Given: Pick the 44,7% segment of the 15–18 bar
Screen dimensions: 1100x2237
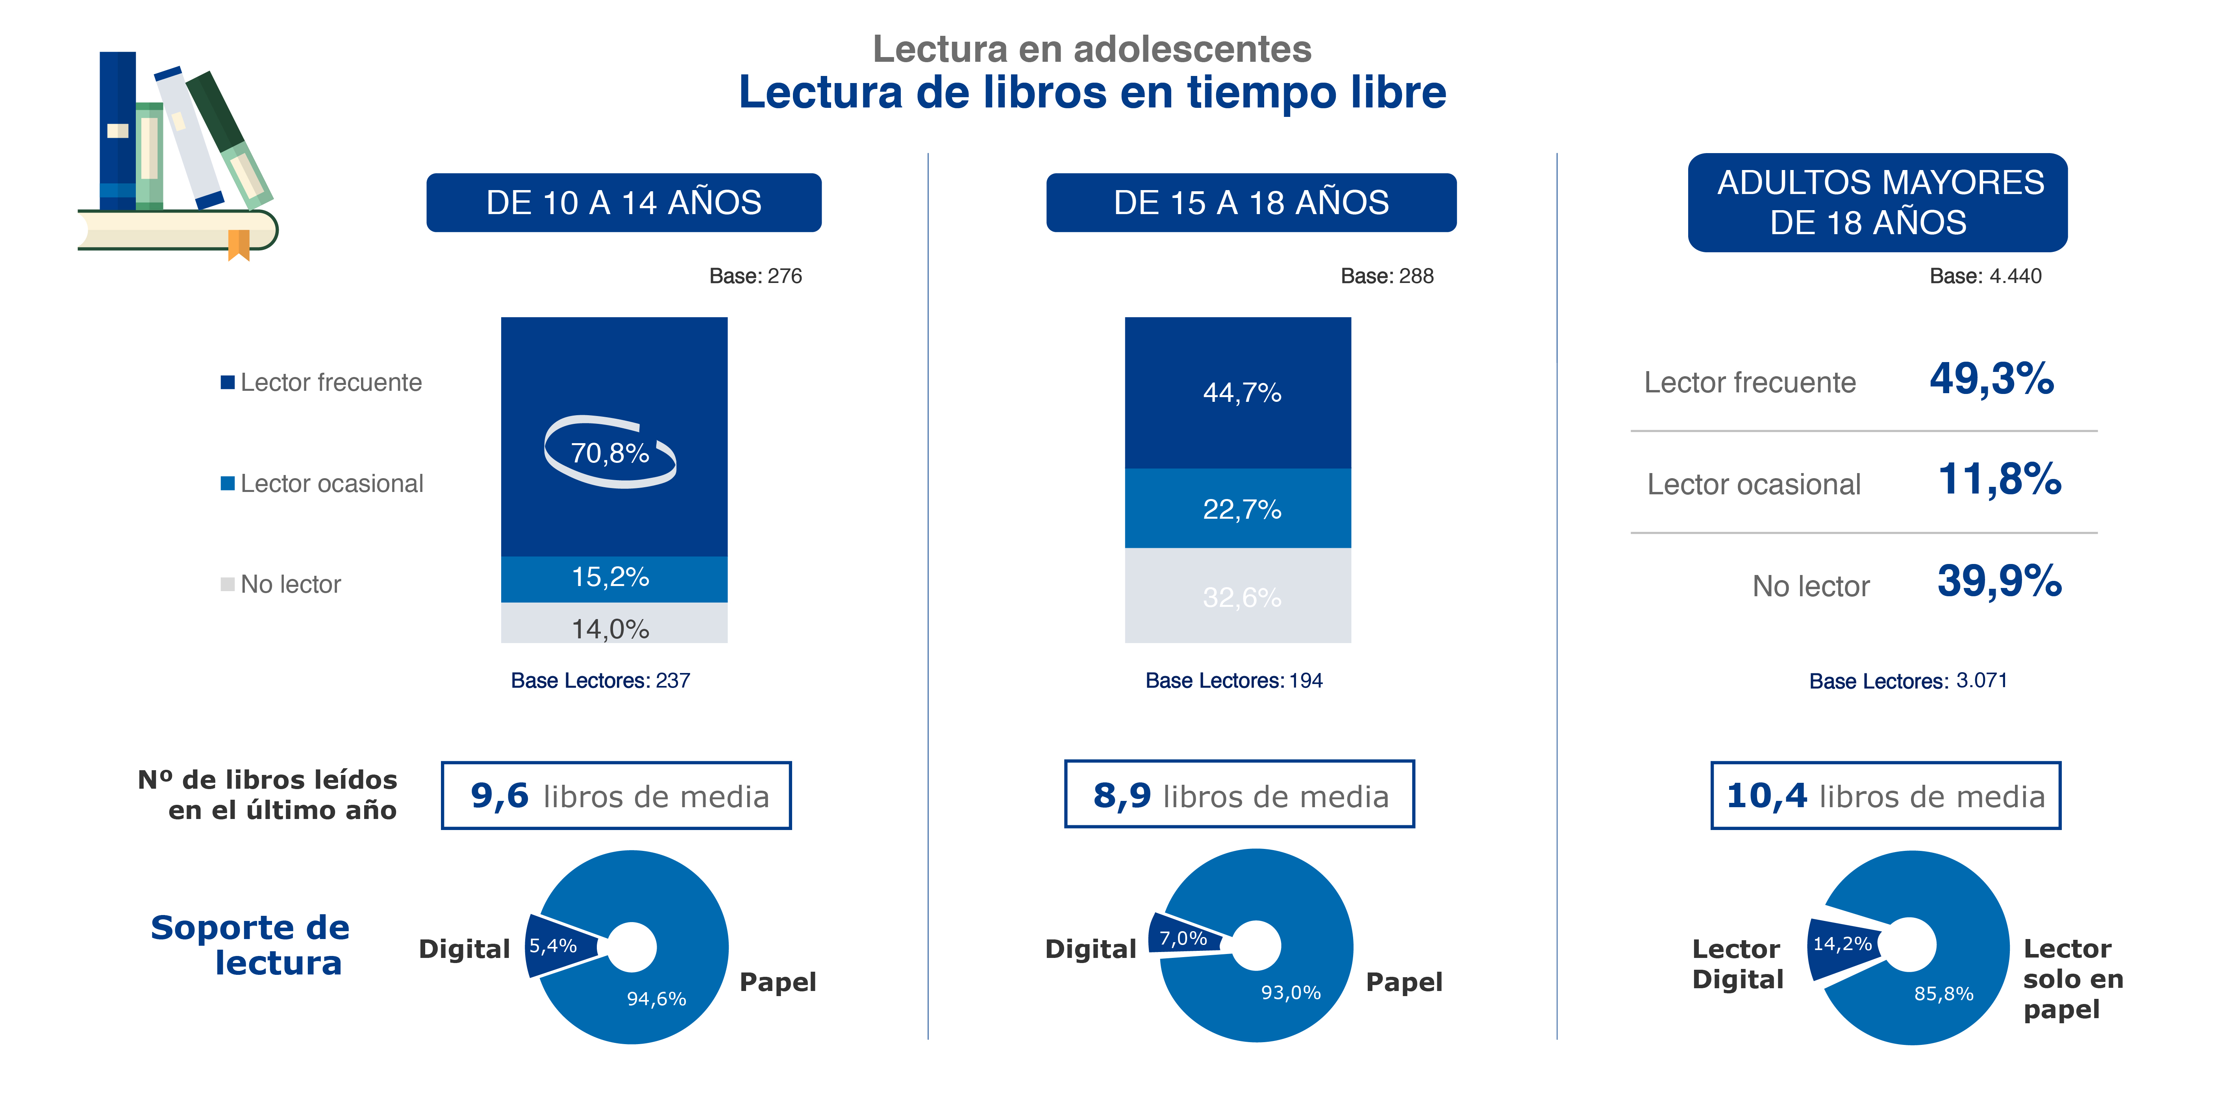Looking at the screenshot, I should (x=1237, y=392).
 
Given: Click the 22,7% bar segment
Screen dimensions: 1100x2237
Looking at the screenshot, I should (x=1237, y=509).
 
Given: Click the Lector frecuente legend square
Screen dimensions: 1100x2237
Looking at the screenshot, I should (x=228, y=382).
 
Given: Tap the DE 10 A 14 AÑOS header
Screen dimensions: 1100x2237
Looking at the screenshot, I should (x=624, y=202).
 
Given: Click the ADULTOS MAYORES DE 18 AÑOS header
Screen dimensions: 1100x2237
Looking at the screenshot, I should (x=1878, y=202).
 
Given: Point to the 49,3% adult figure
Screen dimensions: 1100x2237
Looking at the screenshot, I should (x=1991, y=379).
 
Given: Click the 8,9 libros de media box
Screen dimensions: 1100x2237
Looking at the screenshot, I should (x=1239, y=794).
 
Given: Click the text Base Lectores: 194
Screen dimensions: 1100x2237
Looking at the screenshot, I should (x=1233, y=681).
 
